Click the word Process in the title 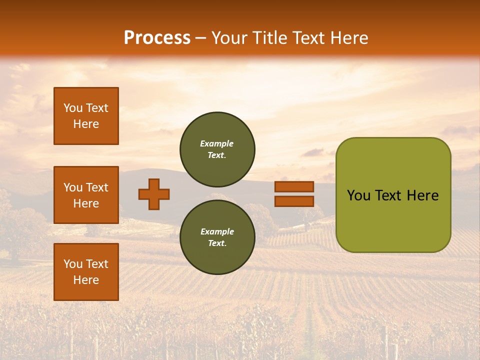click(157, 38)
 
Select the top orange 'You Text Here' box click(86, 116)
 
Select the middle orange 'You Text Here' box click(86, 195)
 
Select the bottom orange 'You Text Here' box click(86, 271)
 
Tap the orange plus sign click(154, 194)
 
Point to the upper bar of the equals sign click(294, 186)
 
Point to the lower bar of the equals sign click(294, 201)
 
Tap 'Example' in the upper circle click(216, 143)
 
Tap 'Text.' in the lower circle click(217, 243)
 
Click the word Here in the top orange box click(86, 124)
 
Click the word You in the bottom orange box click(73, 263)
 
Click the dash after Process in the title click(200, 38)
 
